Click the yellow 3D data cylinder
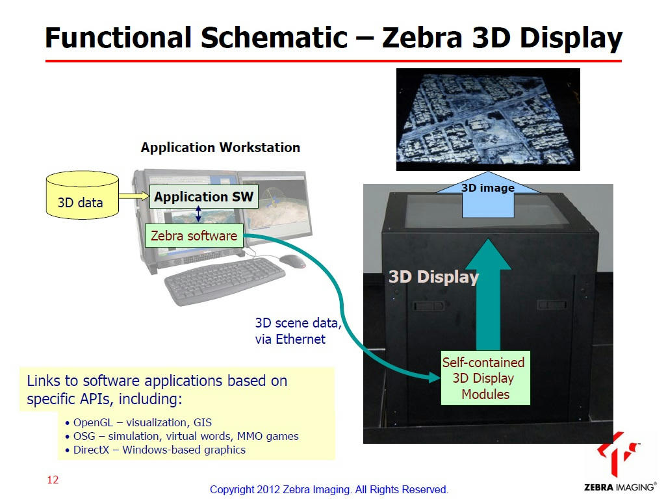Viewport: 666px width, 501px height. [82, 195]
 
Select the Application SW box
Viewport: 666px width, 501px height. [203, 196]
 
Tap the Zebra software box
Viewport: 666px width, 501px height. [194, 235]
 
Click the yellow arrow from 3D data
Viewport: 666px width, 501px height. [134, 196]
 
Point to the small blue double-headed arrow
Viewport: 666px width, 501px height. [198, 214]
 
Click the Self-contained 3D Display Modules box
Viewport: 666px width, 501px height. [485, 378]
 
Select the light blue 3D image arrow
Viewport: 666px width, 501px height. [488, 195]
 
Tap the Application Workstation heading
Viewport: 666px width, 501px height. [220, 148]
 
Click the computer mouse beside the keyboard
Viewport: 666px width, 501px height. [292, 261]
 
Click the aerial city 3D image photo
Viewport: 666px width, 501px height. [488, 120]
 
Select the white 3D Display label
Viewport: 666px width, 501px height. [433, 277]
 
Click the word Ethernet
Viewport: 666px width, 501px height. [300, 339]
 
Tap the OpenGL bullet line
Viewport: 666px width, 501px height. [138, 422]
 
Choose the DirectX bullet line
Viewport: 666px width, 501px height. [155, 450]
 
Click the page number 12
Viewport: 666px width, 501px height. [53, 480]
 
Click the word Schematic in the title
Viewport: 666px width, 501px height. [274, 38]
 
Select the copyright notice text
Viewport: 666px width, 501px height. [329, 489]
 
